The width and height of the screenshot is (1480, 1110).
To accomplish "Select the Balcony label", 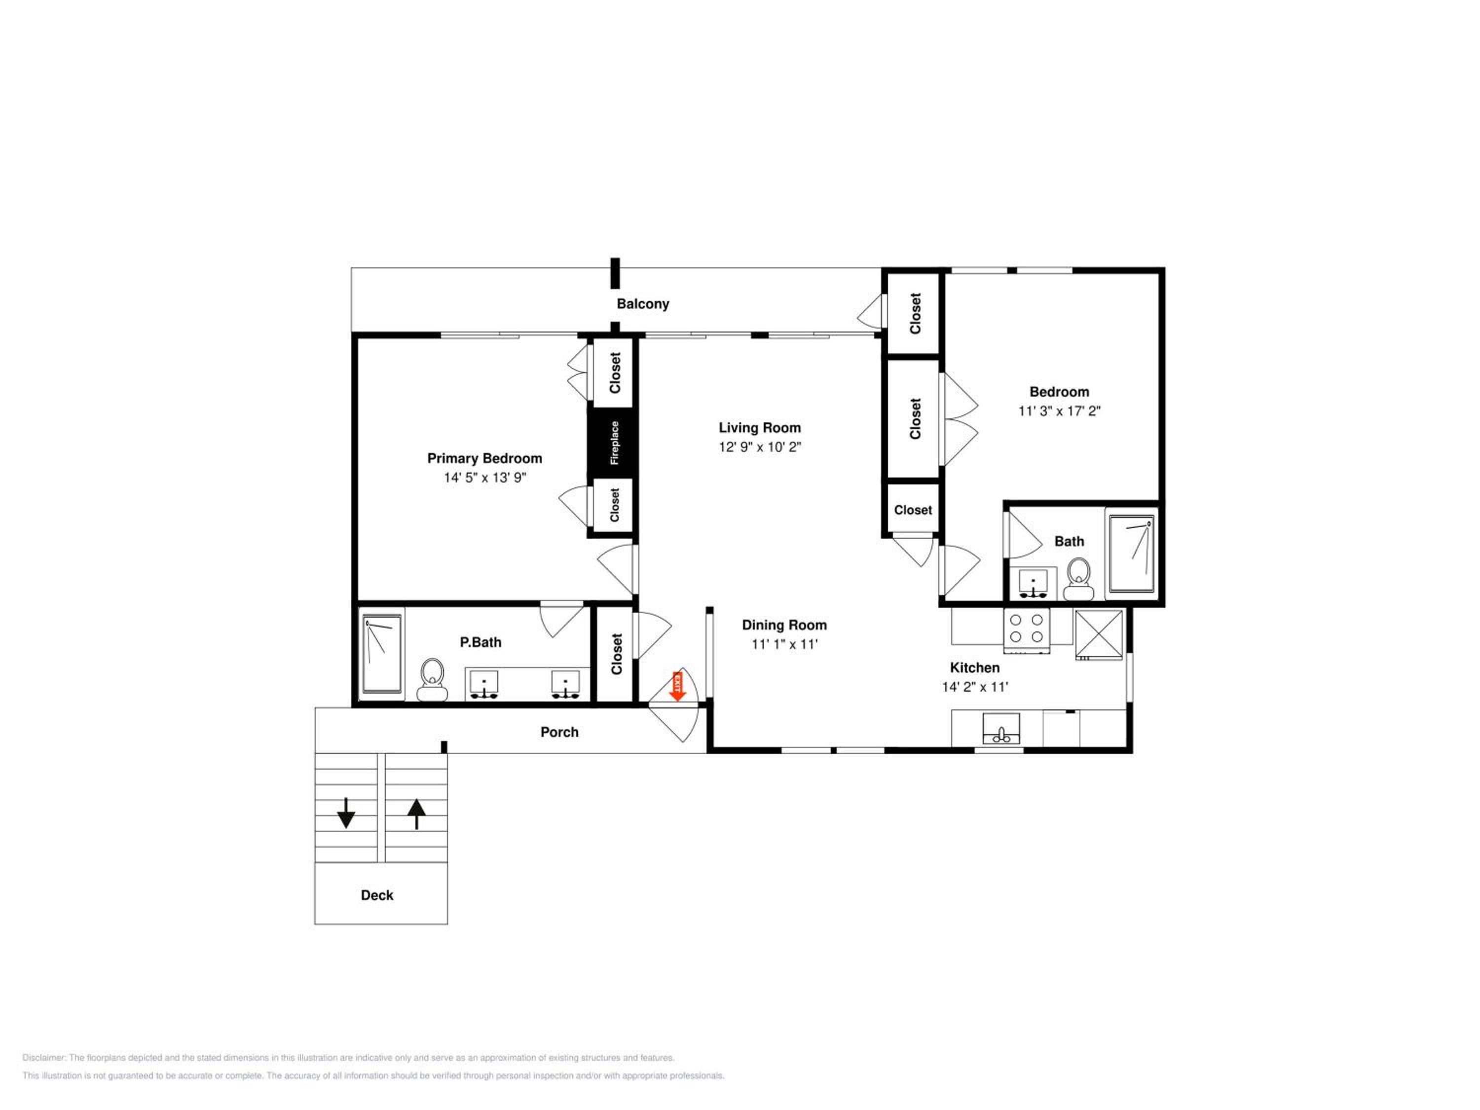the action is click(642, 304).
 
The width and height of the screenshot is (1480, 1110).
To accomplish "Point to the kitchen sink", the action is click(1001, 729).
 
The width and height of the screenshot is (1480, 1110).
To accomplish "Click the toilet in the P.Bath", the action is click(432, 680).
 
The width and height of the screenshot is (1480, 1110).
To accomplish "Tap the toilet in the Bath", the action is click(1077, 580).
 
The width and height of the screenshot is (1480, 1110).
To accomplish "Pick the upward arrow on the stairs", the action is click(416, 814).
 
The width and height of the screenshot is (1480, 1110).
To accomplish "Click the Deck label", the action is click(377, 895).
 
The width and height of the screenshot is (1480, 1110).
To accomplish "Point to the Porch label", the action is click(559, 732).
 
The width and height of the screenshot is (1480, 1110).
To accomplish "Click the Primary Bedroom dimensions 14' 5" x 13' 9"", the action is click(485, 478).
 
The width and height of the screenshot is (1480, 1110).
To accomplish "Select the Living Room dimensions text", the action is click(760, 447).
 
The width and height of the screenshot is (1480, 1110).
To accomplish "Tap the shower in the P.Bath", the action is click(382, 654).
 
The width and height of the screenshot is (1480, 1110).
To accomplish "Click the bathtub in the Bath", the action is click(1131, 554).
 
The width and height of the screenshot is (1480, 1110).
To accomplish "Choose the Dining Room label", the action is click(784, 625).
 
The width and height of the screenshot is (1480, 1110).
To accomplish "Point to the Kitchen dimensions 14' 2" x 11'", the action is click(975, 687).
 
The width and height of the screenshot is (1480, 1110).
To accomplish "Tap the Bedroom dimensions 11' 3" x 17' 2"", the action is click(1059, 411).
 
